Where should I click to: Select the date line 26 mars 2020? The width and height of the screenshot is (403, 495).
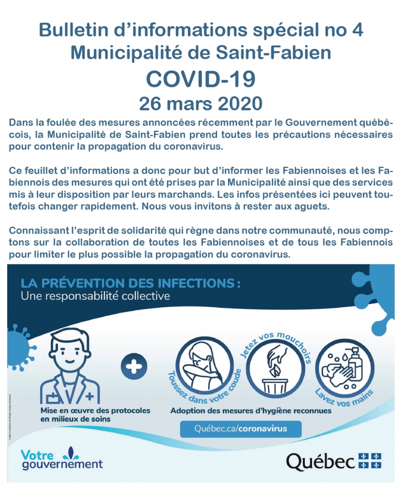(201, 103)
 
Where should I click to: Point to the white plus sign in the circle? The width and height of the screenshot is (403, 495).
(134, 366)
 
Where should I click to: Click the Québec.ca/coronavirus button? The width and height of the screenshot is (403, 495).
(240, 429)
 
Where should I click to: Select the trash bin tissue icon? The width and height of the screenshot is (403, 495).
(273, 370)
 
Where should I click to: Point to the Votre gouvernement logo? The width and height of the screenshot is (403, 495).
(61, 459)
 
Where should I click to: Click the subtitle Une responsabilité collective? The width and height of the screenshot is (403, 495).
(95, 295)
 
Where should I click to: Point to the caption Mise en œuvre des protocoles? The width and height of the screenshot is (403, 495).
(95, 410)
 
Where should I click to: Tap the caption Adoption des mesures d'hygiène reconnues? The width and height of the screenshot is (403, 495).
(251, 411)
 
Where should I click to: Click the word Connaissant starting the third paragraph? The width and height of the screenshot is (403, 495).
(39, 229)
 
